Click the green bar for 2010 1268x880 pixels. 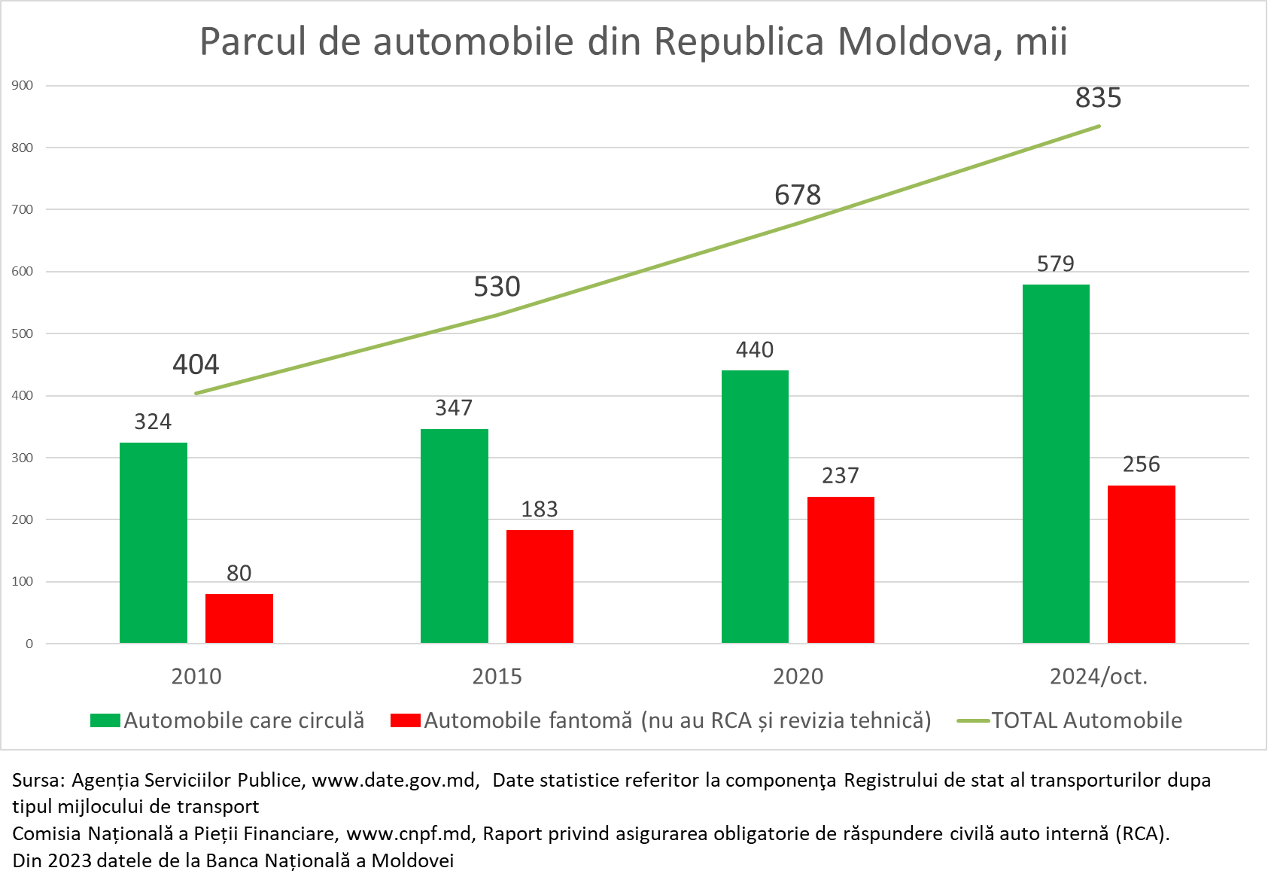[154, 542]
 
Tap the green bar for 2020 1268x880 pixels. [755, 506]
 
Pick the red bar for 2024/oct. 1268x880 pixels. [1141, 564]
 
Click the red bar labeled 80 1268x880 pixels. [239, 618]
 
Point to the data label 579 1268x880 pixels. [1055, 264]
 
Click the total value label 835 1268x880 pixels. [1098, 98]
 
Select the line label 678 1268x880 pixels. [798, 196]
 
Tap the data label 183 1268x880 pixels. [540, 510]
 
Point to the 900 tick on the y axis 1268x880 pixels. [23, 86]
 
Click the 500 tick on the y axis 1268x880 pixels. [23, 333]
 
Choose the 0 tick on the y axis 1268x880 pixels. [29, 644]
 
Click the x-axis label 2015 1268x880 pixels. [497, 676]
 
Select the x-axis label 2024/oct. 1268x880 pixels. [1099, 676]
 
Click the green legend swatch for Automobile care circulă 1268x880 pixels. [105, 720]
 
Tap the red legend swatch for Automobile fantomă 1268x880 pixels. [405, 720]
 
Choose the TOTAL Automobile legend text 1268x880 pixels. [1087, 720]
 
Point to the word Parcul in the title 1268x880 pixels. [253, 41]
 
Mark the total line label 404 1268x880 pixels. [196, 365]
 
